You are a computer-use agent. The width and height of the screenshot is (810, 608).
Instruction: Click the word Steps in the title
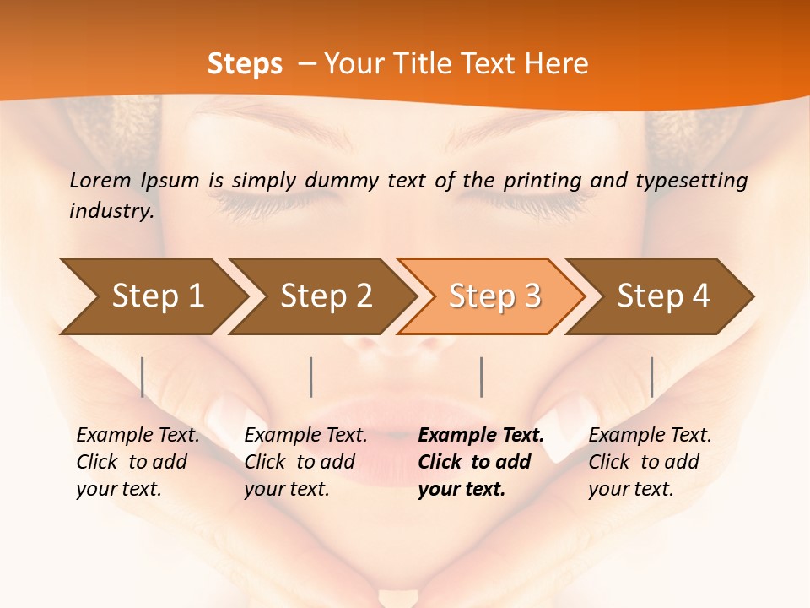[245, 64]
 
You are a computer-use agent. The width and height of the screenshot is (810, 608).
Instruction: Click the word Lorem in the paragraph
[100, 180]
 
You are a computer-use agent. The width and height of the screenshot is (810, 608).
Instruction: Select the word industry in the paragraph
[111, 211]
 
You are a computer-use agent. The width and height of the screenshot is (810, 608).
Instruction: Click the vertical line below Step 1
[143, 377]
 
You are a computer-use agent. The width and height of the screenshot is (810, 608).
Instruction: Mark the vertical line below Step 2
[311, 377]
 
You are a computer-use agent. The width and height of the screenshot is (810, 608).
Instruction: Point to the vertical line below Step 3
[481, 377]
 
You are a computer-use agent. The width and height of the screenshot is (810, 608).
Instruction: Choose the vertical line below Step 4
[651, 377]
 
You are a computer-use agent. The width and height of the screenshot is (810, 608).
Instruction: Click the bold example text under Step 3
[481, 462]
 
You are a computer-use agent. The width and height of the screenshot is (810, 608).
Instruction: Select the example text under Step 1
[138, 462]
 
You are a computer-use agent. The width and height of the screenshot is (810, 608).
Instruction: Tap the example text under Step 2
[305, 462]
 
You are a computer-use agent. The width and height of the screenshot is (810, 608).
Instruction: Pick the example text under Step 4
[650, 462]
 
